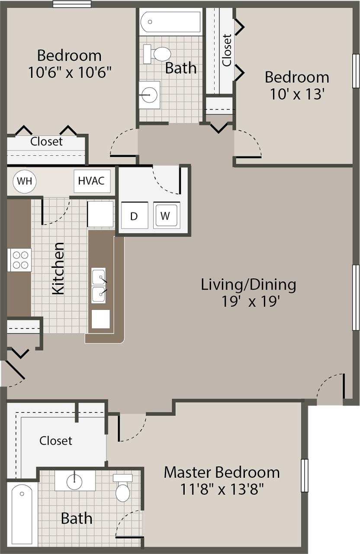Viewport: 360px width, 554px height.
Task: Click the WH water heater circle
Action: coord(25,181)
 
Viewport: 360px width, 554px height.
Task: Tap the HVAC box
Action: coord(92,180)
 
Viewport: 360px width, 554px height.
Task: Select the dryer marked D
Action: coord(134,216)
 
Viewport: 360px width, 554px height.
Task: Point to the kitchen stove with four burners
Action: coord(19,260)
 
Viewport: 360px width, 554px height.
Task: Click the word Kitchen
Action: coord(58,269)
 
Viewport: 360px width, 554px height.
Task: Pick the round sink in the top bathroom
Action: coord(149,94)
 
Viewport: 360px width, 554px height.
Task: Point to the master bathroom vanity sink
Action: coord(75,480)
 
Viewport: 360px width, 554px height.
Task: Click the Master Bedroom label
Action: coord(222,472)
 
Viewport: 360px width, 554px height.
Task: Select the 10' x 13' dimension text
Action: coord(297,94)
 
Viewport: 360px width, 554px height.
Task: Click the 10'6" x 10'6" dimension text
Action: coord(70,72)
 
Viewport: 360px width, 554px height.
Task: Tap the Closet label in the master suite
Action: coord(56,441)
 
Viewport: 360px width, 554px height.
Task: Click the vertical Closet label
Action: coord(227,50)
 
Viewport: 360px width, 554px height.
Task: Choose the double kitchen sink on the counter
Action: coord(99,286)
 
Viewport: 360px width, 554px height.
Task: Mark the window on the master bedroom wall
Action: coord(304,475)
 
